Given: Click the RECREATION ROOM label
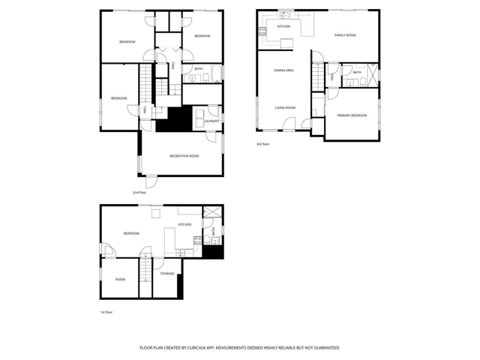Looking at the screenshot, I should (x=184, y=155).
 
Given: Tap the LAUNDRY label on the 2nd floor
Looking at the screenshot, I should (x=211, y=121).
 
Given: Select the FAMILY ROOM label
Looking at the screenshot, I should (x=345, y=35).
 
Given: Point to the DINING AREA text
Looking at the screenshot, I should (x=283, y=70).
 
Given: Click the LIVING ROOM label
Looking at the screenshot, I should (x=284, y=107).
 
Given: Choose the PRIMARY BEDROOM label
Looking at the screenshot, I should (x=352, y=115).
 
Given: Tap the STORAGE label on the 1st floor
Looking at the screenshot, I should (x=167, y=274).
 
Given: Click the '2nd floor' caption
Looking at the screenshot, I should (x=139, y=192).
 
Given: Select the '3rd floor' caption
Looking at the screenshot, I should (x=263, y=143).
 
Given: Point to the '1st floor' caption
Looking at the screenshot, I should (x=106, y=312).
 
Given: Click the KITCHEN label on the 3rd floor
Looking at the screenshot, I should (x=283, y=26).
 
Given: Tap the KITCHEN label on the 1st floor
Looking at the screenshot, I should (x=184, y=224).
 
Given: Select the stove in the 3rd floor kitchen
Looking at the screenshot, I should (x=262, y=31).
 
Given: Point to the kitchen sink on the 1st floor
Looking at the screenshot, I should (x=198, y=241).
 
